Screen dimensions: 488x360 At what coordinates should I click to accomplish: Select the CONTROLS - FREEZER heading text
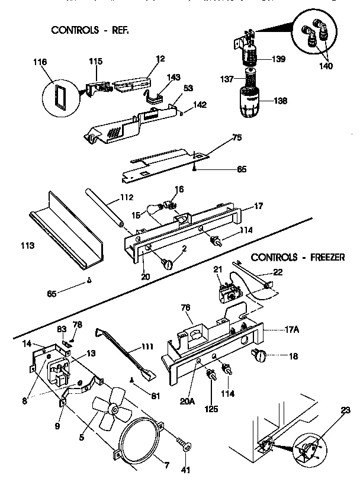[x=298, y=257]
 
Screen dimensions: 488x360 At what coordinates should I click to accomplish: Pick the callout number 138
[x=280, y=101]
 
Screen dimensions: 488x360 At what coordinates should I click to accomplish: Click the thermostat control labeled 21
[x=228, y=292]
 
